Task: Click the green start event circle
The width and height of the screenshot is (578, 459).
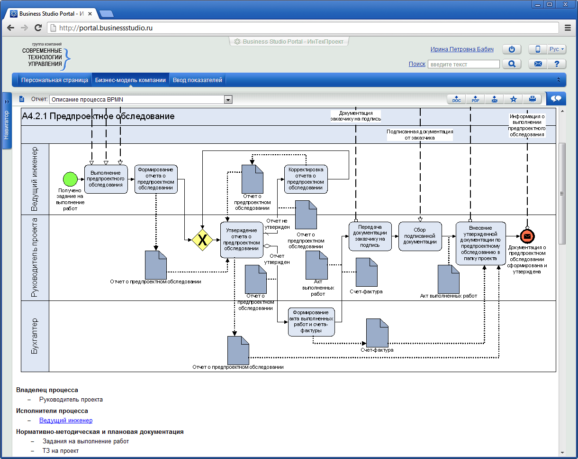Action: coord(70,179)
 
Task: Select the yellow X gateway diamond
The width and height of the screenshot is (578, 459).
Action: coord(202,240)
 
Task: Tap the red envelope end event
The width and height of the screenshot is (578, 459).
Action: coord(527,236)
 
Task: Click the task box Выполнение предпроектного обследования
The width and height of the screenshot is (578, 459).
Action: coord(106,179)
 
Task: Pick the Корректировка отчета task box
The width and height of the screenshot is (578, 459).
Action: coord(306,179)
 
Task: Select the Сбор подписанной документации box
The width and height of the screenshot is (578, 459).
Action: coord(420,236)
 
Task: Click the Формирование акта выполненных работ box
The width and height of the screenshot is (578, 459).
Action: coord(311,321)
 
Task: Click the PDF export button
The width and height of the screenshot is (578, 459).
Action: coord(475,99)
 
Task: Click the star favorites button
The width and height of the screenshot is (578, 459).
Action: coord(513,99)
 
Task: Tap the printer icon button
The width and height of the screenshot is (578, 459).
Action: coord(532,99)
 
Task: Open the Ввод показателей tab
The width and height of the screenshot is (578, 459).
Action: coord(197,80)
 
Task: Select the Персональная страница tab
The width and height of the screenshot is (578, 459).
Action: coord(54,80)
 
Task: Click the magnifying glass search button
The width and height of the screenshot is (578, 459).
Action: coord(512,64)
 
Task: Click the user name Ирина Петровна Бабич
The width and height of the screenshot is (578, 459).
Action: coord(462,49)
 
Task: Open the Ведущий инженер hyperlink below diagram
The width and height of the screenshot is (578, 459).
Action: coord(66,421)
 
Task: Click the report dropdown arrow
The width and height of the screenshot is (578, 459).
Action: coord(228,100)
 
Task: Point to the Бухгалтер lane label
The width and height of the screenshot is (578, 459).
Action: coord(35,336)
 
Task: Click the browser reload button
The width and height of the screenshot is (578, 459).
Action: coord(38,28)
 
